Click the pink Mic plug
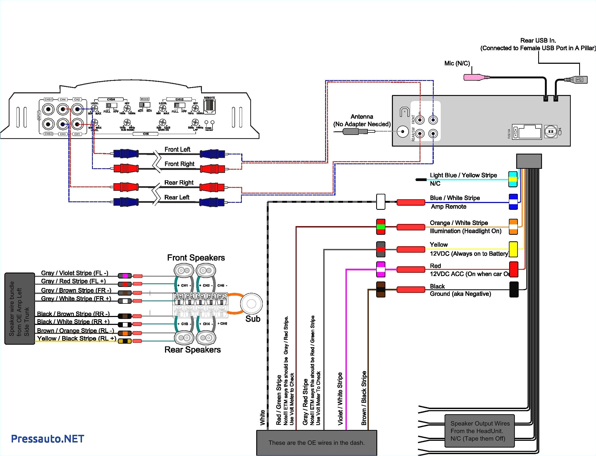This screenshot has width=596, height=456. pos(474,77)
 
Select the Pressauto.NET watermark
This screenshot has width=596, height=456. pos(47,439)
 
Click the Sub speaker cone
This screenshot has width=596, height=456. pos(251,304)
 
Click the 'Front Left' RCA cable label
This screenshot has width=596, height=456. pos(177,149)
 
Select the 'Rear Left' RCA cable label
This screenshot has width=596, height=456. pos(177,197)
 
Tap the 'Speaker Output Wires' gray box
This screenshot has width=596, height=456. pos(480,431)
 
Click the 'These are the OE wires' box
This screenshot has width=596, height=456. pos(316,443)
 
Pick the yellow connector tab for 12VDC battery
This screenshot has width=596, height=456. pos(513,249)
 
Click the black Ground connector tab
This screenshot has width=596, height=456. pos(514,289)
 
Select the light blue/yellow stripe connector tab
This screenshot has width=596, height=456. pos(513,179)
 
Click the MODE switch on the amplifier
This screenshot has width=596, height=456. pos(144,104)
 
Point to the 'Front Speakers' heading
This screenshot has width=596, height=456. pos(196,258)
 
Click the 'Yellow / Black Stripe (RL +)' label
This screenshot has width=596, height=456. pos(77,338)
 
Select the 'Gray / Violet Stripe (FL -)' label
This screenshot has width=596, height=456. pos(74,273)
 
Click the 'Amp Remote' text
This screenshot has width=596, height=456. pos(448,207)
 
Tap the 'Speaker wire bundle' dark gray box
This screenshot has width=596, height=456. pos(20,309)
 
